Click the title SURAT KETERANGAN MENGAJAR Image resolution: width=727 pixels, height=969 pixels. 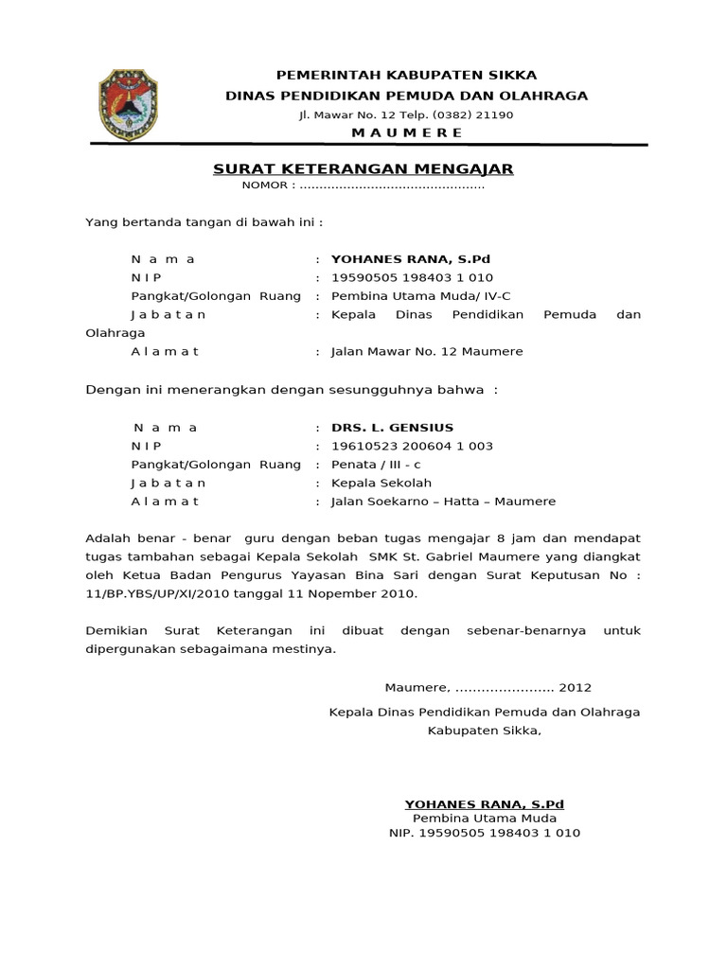point(363,168)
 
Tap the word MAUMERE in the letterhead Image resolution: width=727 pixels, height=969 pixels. point(407,132)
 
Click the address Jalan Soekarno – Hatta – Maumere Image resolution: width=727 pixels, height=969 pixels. point(443,502)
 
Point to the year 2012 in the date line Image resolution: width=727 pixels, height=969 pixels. point(576,687)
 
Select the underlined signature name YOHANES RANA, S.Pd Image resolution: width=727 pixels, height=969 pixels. point(484,803)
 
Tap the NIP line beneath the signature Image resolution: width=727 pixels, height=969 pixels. point(485,834)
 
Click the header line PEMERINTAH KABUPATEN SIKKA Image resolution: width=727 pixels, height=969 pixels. point(406,75)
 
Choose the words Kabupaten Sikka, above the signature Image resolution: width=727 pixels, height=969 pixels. point(485,730)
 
